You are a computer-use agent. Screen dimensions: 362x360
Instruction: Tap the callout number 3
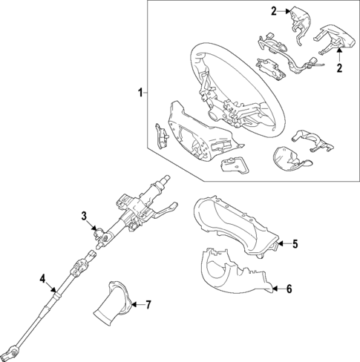pos(85,217)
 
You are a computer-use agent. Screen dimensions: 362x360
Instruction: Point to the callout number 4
pos(42,279)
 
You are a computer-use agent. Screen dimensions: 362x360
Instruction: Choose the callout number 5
pos(295,243)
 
